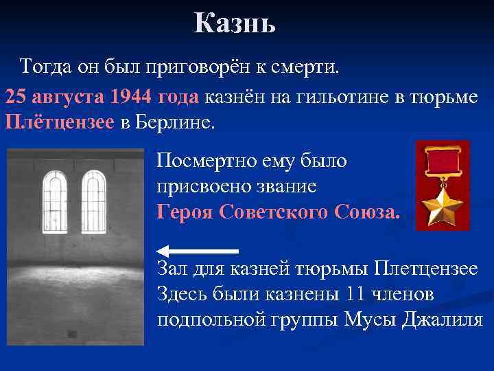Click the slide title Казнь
[x=234, y=24]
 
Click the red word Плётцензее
[x=59, y=124]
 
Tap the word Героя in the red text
[x=185, y=211]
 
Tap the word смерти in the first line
[x=309, y=67]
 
